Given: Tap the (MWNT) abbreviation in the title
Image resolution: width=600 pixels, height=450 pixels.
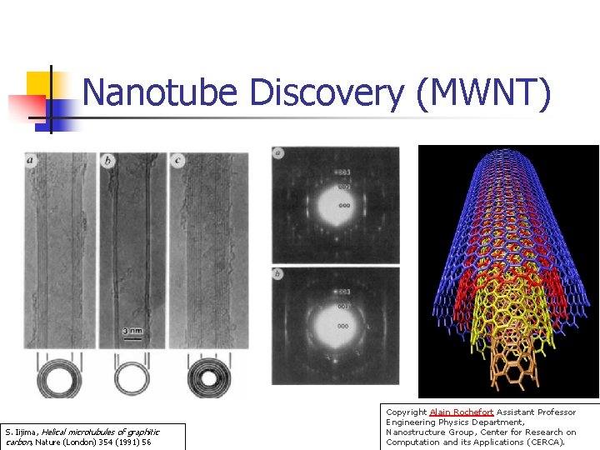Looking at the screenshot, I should coord(482,92).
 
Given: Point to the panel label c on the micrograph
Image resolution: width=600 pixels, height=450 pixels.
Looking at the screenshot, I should coord(178,160).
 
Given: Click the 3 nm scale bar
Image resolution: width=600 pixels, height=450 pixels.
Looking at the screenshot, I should coord(131,332).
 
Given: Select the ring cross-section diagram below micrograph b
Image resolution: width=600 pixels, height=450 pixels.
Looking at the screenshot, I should coord(132,378).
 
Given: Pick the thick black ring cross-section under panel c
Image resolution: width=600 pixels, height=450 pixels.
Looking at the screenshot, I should coord(204,378).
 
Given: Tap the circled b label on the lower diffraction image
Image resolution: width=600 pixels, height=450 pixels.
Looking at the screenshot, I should coord(279,274).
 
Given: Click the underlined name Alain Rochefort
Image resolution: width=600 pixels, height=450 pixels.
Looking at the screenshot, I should coord(462,412).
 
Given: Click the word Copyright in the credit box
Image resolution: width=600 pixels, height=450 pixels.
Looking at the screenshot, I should coord(406,412).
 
